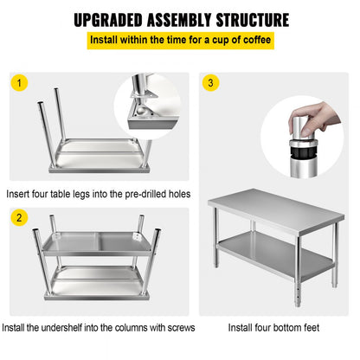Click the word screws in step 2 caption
click(x=175, y=328)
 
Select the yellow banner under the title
click(x=179, y=41)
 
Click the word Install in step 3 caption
click(x=241, y=328)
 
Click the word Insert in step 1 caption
click(x=21, y=194)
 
